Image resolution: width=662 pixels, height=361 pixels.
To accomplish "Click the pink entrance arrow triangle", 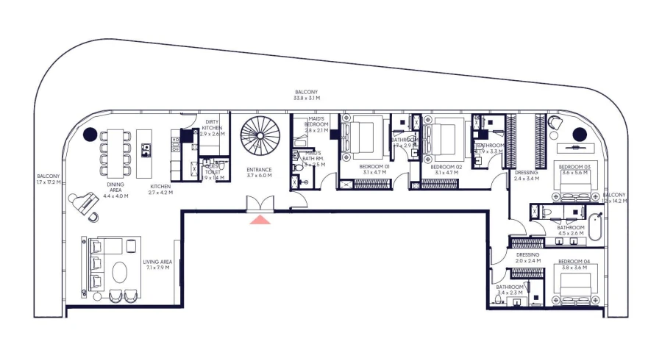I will [261, 218].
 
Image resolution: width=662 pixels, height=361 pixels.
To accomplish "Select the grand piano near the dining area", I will [84, 201].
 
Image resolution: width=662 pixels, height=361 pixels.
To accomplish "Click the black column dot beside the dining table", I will [90, 134].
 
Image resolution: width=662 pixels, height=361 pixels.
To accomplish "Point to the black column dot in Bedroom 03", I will [580, 134].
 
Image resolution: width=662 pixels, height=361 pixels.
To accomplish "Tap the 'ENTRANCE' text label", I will [259, 170].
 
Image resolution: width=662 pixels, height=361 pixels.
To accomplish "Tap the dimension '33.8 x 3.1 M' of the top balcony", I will [307, 98].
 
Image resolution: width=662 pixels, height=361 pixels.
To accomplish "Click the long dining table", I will [116, 150].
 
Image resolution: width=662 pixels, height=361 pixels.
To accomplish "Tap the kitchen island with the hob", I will [145, 150].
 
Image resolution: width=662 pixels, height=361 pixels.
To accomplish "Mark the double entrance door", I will [261, 204].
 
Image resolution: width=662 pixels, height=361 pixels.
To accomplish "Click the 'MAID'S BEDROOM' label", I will [316, 124].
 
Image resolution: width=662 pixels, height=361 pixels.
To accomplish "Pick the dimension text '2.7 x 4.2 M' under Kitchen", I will [160, 193].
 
